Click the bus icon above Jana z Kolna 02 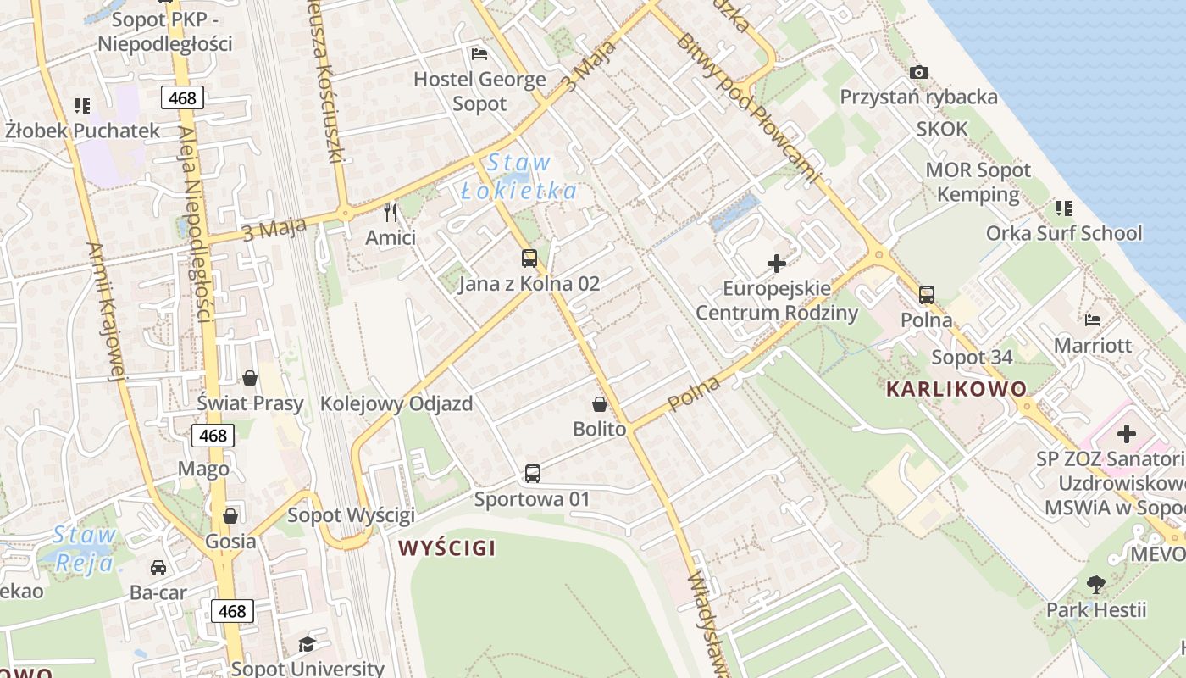[x=529, y=258]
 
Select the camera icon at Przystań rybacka [x=919, y=72]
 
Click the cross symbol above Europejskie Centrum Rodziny [x=777, y=264]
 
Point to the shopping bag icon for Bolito [x=600, y=404]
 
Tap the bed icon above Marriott [x=1093, y=320]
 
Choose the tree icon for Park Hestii [x=1096, y=584]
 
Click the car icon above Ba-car [x=158, y=567]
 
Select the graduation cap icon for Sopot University [x=307, y=644]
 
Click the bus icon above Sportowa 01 [x=532, y=474]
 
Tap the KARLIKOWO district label [x=956, y=390]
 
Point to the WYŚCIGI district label [x=447, y=548]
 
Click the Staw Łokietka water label [x=519, y=177]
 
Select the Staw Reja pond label [x=83, y=549]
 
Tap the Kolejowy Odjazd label [x=396, y=403]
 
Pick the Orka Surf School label [x=1063, y=233]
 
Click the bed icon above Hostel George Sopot [x=479, y=54]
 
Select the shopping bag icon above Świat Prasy [x=250, y=377]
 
